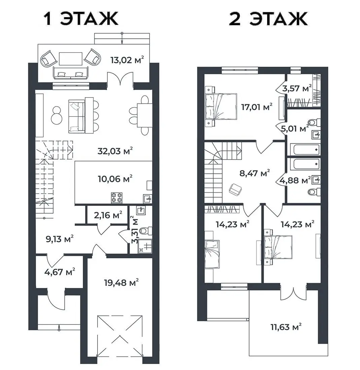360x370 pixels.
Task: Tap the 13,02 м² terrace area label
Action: click(x=127, y=60)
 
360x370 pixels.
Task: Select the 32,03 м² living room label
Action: click(x=115, y=151)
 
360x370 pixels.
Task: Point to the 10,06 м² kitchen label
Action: click(x=115, y=179)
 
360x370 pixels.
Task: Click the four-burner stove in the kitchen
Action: click(x=117, y=198)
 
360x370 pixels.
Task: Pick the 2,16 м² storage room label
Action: click(x=108, y=215)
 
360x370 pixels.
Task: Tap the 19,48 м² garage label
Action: click(x=121, y=282)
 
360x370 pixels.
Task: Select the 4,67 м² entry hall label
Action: click(x=60, y=271)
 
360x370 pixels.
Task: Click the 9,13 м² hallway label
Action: click(x=60, y=239)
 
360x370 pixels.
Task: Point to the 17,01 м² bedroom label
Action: click(x=257, y=107)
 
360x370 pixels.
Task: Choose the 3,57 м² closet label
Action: click(x=297, y=88)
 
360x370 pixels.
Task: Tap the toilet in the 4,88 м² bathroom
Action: click(x=314, y=192)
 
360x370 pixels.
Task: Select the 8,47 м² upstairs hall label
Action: click(x=254, y=173)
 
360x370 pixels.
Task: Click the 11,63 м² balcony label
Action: click(x=286, y=327)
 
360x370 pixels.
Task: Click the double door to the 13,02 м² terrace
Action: click(x=120, y=78)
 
